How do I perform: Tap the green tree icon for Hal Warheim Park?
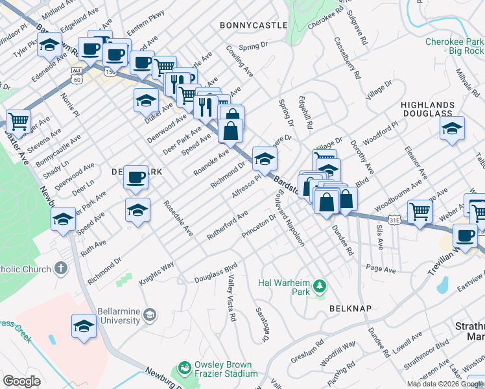coord(319,286)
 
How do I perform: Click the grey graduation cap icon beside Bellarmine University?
coord(150,315)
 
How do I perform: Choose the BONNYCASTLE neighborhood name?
coord(253,25)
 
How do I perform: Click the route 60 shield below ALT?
coord(77,79)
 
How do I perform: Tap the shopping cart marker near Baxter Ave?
coord(19,120)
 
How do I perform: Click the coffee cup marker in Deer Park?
coord(136,177)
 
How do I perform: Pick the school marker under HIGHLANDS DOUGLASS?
coord(453,128)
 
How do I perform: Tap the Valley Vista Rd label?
coord(231,299)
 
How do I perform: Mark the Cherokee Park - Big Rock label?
coord(455,46)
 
